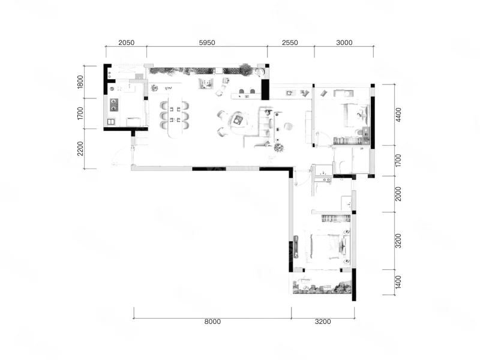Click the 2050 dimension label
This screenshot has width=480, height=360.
[126, 43]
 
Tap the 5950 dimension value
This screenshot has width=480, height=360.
[207, 43]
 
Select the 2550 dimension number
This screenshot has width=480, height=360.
[290, 43]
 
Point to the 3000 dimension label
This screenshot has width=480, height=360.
[344, 43]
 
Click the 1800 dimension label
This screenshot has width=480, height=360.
[80, 82]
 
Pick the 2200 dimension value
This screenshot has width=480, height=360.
[80, 148]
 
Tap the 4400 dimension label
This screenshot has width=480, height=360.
[398, 115]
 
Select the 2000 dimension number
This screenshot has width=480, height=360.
[398, 194]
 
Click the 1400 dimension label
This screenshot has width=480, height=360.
[398, 282]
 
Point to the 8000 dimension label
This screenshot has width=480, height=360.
[212, 322]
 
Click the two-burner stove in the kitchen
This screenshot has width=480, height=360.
[114, 104]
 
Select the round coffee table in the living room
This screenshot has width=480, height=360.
[238, 120]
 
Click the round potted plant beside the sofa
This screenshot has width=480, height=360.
[278, 148]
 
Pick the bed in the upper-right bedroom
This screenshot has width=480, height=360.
[356, 115]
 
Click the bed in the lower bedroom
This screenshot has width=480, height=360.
[329, 247]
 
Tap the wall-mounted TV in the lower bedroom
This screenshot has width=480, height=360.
[296, 247]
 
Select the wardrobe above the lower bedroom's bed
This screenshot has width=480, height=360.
[335, 218]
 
